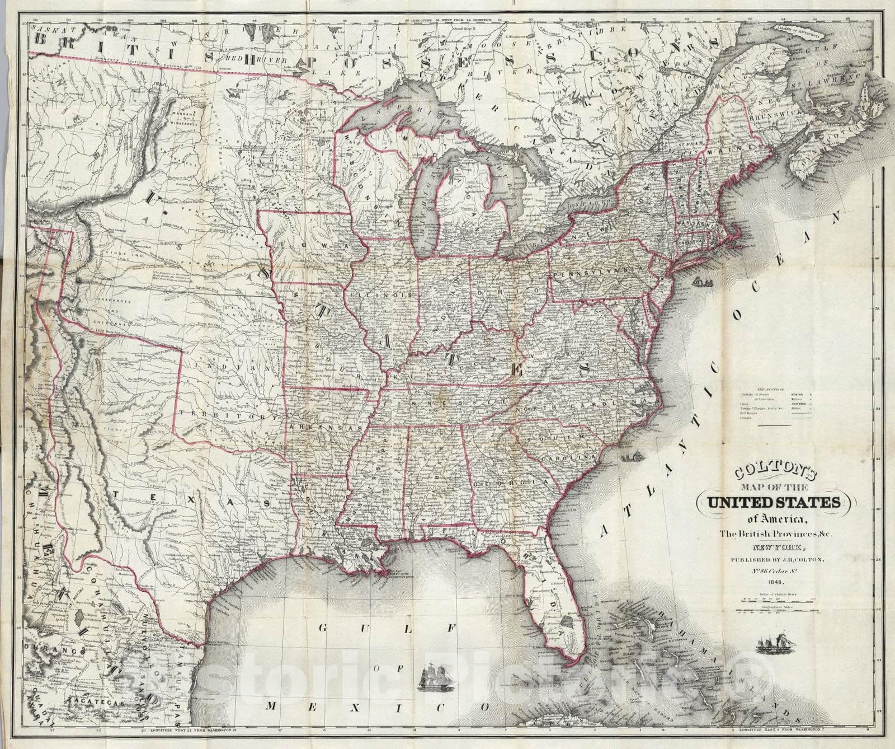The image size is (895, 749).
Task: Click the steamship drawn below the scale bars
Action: (775, 644)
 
